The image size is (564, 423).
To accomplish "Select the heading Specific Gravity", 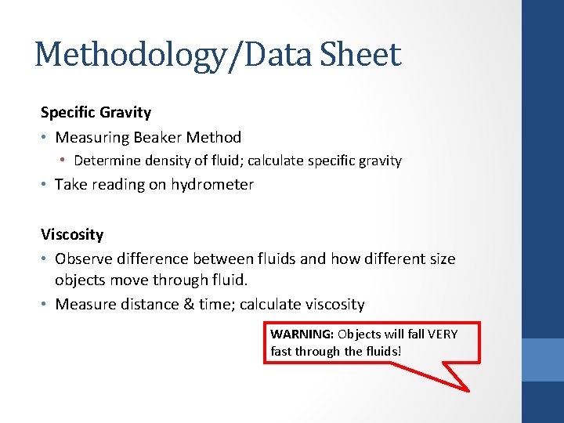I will click(96, 112).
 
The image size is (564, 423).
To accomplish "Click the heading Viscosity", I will click(72, 234).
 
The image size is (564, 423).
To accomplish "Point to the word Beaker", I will click(157, 137).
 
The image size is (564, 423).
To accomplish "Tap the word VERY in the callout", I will click(443, 334).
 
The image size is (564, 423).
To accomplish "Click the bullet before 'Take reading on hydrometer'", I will click(45, 185).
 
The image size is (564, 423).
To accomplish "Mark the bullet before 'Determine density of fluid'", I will click(65, 161).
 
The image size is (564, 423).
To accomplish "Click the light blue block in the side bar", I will click(543, 359).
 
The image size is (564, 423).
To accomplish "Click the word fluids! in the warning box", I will click(383, 351).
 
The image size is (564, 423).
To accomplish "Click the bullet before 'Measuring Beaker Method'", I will click(45, 137).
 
